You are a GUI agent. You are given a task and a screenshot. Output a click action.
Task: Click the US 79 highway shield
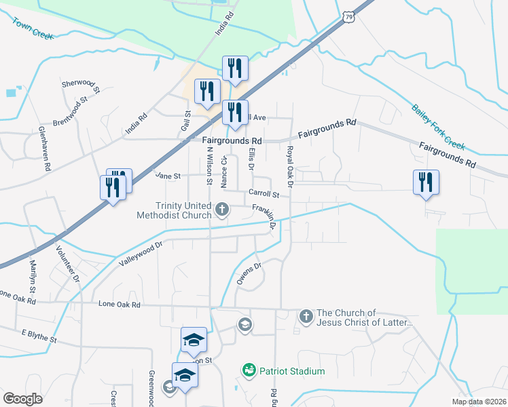[349, 15]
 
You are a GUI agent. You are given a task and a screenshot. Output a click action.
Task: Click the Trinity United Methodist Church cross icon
[222, 212]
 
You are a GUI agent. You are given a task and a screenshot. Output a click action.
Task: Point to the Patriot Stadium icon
[249, 370]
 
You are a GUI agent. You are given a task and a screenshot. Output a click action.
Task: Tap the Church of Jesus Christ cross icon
[306, 316]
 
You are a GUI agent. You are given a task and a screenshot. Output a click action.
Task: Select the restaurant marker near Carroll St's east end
[426, 182]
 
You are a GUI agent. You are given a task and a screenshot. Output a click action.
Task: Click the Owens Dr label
[249, 274]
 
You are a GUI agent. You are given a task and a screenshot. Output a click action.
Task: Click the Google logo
[23, 398]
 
